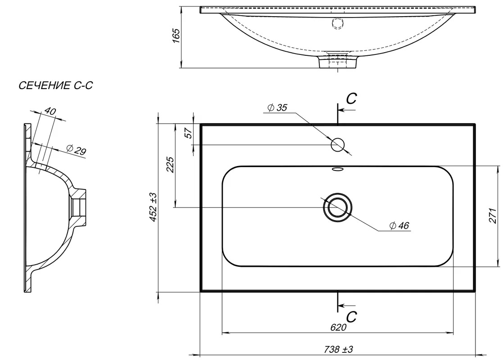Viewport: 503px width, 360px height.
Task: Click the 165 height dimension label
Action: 176,35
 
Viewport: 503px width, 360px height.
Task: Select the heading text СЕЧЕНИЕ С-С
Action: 56,85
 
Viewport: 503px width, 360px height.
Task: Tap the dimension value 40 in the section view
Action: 50,111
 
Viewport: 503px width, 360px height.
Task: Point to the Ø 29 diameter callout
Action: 77,149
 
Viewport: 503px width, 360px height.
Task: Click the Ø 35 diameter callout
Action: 277,108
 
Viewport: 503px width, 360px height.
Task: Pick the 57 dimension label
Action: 189,133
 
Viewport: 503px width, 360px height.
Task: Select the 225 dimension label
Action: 171,164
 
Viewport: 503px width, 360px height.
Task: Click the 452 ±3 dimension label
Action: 153,207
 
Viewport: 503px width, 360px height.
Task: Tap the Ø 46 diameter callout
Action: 399,226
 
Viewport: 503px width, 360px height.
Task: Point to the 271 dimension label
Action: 493,216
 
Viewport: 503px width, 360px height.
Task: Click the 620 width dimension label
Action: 339,327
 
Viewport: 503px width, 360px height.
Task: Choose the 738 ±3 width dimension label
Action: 339,349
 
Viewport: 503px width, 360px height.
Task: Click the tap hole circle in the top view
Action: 338,145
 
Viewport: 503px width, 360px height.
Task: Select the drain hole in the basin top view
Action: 338,207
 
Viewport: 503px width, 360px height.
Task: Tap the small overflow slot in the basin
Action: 338,169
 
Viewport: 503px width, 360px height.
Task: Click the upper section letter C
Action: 352,99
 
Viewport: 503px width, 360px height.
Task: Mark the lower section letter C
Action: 352,317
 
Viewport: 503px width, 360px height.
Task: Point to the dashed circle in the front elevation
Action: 338,23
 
